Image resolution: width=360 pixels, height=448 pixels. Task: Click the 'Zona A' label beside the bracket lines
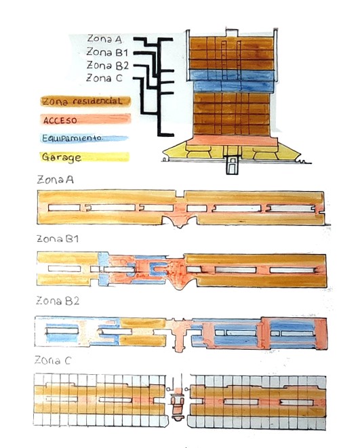(x=104, y=39)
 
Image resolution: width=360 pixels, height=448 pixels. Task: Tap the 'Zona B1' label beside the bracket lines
(x=107, y=52)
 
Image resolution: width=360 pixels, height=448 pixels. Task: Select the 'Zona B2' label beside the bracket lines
(x=108, y=65)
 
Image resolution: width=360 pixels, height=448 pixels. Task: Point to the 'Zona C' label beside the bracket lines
(x=104, y=78)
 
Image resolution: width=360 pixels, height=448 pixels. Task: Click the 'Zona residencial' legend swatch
(x=85, y=101)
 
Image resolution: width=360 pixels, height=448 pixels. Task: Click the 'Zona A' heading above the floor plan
(x=55, y=180)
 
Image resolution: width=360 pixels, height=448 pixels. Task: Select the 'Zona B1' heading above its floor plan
(x=58, y=239)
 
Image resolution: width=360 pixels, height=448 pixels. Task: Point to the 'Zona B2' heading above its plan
(x=58, y=301)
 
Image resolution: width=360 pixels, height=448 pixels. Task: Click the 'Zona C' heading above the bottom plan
(x=52, y=361)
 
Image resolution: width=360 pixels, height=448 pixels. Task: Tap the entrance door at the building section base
(x=233, y=165)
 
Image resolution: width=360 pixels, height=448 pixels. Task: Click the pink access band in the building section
(x=232, y=140)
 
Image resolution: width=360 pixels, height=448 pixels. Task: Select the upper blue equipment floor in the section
(x=232, y=75)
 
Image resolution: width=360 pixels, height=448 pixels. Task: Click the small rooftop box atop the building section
(x=232, y=33)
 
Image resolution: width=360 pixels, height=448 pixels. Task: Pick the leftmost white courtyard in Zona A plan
(x=64, y=207)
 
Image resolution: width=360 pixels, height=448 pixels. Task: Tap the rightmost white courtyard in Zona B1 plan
(x=292, y=270)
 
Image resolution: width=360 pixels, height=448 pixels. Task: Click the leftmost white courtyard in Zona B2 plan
(x=62, y=331)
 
